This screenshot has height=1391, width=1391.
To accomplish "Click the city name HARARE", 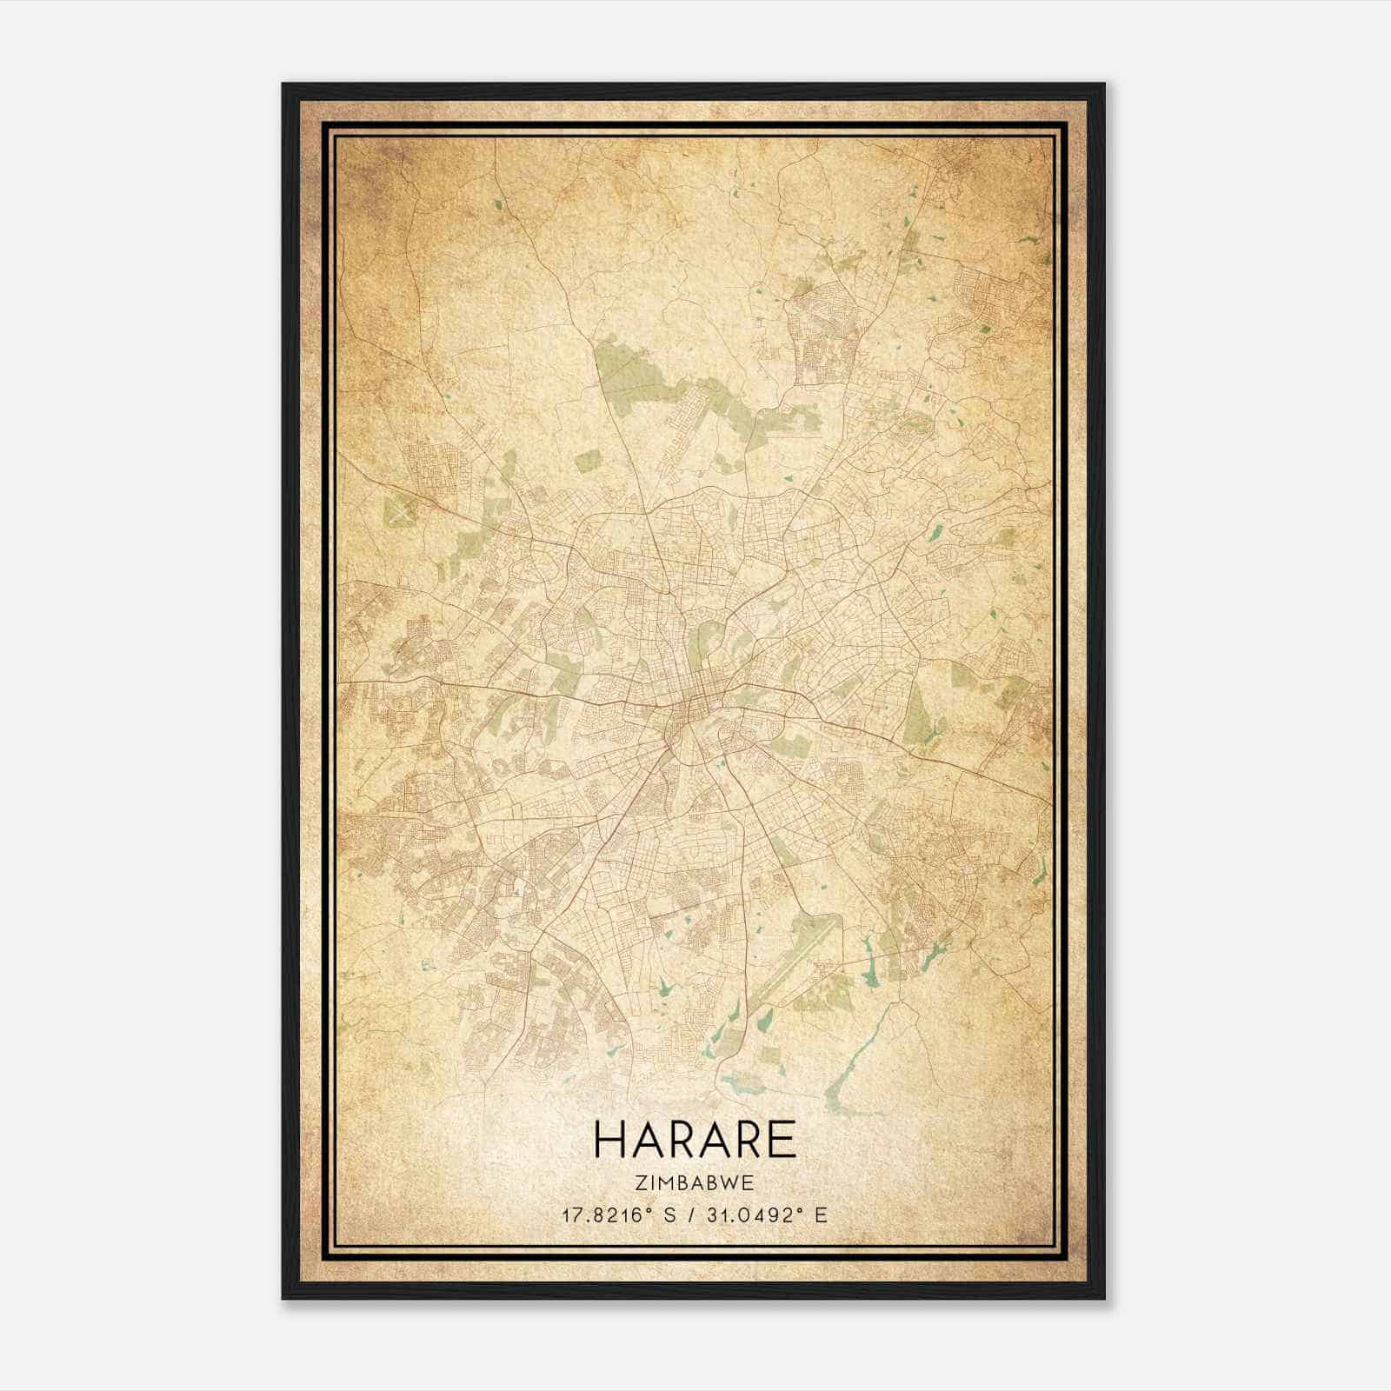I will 695,1140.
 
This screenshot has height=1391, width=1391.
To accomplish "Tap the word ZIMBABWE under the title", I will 695,1182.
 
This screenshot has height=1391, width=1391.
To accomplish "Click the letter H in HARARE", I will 609,1140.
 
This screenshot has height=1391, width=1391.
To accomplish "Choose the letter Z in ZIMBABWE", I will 642,1182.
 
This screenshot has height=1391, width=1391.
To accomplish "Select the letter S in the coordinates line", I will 669,1215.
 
